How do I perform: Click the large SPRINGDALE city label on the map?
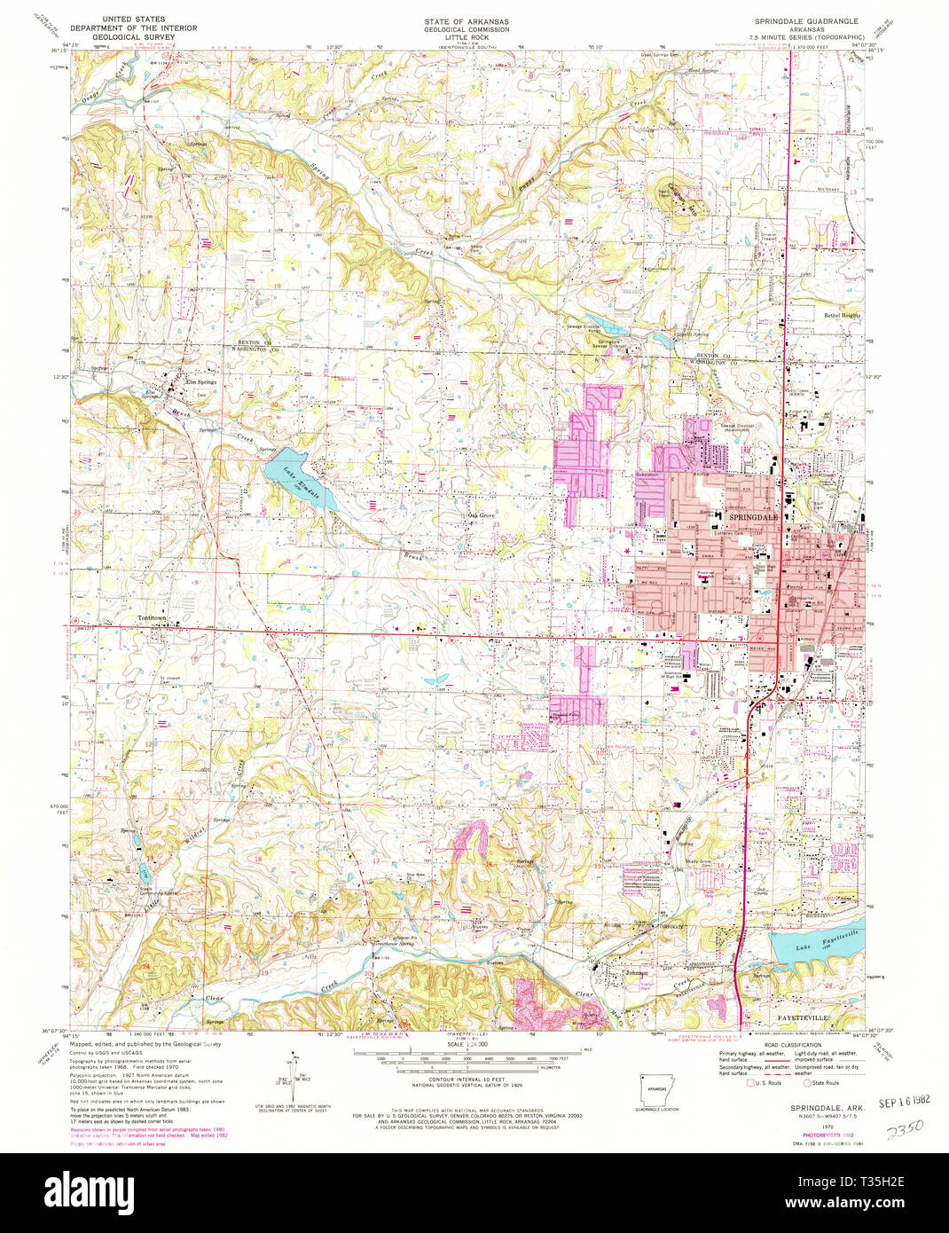pos(752,516)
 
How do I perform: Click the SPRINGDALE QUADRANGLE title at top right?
pos(806,20)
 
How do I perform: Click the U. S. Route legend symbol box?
pos(749,1082)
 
